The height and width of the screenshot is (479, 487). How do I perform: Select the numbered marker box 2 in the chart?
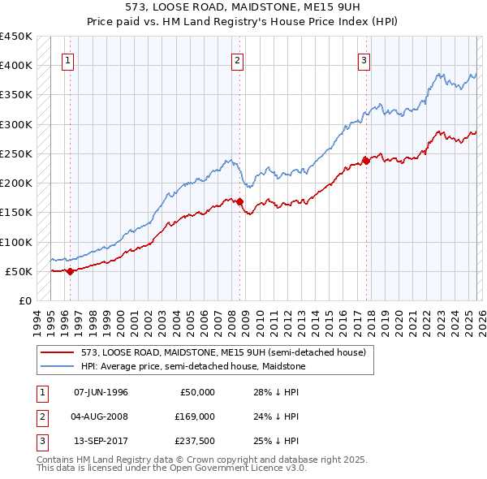click(237, 59)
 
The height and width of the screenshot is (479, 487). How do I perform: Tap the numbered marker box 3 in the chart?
click(364, 59)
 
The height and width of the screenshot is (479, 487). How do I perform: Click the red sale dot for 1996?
click(70, 271)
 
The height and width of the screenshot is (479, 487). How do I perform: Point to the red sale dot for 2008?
click(240, 201)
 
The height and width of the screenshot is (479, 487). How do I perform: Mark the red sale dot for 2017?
click(366, 161)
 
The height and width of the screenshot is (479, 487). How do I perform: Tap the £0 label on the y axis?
click(24, 301)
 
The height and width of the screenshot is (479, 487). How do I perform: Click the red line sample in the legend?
click(57, 352)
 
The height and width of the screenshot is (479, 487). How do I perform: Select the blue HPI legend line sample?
click(57, 366)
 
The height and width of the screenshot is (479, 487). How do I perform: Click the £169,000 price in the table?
click(195, 416)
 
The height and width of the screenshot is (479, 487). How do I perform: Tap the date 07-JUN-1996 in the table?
click(101, 392)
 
